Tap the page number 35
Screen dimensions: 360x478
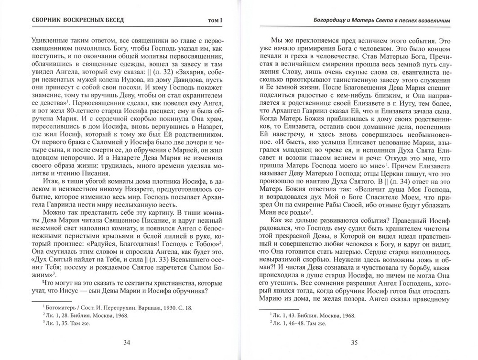(x=354, y=342)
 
